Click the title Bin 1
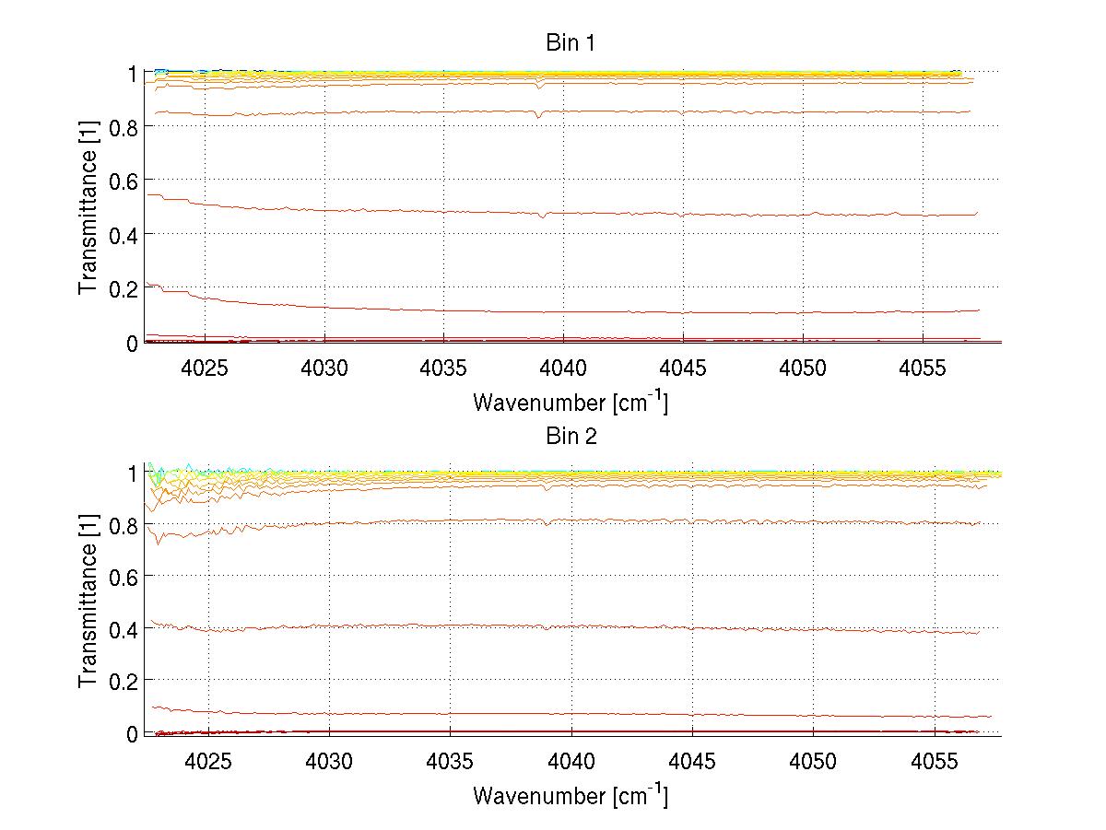click(571, 42)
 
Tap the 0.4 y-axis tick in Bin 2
click(123, 628)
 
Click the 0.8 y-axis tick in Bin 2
click(123, 525)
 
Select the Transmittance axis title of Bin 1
click(88, 207)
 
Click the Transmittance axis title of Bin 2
click(88, 602)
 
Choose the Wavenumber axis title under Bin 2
click(571, 794)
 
